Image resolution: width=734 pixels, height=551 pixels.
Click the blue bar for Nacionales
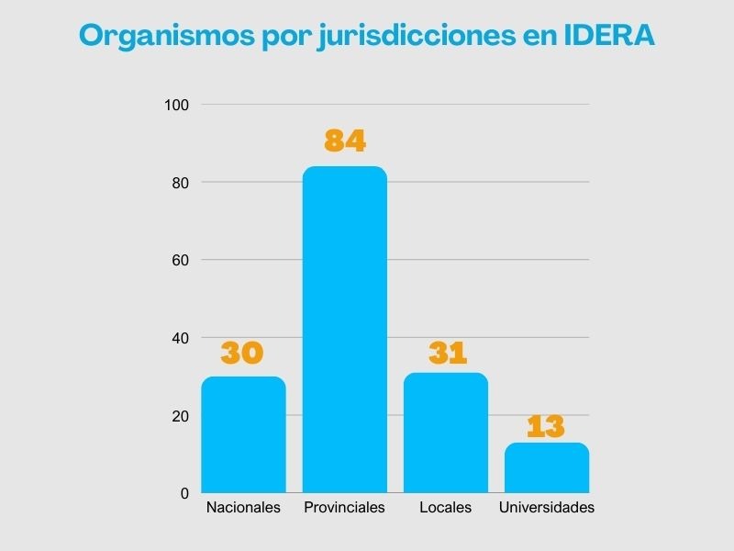pyautogui.click(x=243, y=434)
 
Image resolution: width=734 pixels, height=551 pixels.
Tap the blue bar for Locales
pyautogui.click(x=446, y=433)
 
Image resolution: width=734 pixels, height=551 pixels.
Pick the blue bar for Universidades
pyautogui.click(x=547, y=467)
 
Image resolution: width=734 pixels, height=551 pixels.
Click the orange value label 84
pyautogui.click(x=345, y=141)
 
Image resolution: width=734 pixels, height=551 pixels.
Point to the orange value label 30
pyautogui.click(x=243, y=353)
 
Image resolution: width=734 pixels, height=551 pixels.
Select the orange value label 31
pyautogui.click(x=447, y=353)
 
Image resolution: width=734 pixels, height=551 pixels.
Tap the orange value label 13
pyautogui.click(x=546, y=426)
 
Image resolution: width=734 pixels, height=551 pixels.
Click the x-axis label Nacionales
pyautogui.click(x=243, y=508)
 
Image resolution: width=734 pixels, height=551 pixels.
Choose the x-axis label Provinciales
pyautogui.click(x=344, y=508)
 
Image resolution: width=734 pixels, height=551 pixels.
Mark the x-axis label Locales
pyautogui.click(x=445, y=508)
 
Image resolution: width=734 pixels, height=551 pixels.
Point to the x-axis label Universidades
pyautogui.click(x=547, y=508)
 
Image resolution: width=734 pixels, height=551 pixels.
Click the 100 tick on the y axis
pyautogui.click(x=176, y=105)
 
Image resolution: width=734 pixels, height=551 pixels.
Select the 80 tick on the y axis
pyautogui.click(x=180, y=183)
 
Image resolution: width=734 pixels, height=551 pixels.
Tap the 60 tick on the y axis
pyautogui.click(x=180, y=260)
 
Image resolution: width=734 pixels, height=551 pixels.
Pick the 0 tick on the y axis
pyautogui.click(x=184, y=493)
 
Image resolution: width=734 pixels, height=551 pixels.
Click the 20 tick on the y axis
pyautogui.click(x=180, y=415)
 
